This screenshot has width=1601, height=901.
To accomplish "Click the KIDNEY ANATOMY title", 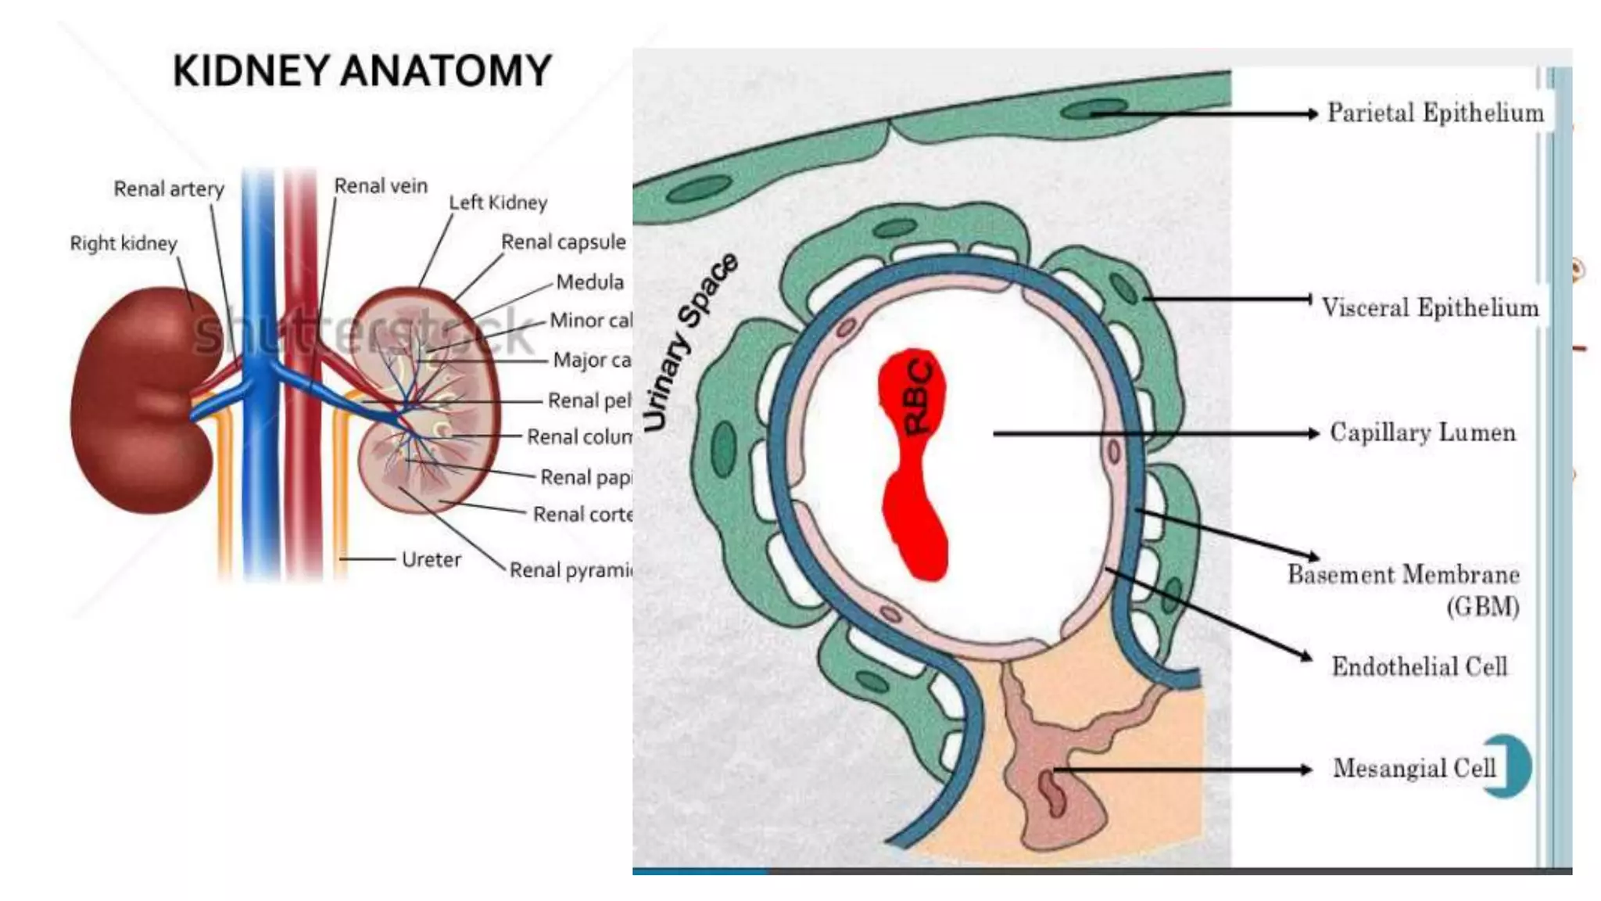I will (362, 70).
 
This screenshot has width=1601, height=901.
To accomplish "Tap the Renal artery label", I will (169, 189).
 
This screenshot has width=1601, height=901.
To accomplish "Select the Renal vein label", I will (381, 186).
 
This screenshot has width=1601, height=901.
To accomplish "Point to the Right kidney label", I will (124, 243).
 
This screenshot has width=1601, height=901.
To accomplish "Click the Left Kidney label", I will (498, 203).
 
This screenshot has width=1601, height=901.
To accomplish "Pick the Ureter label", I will (431, 560).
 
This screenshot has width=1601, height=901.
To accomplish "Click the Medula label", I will (589, 282).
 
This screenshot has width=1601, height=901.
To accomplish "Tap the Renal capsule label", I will (563, 242).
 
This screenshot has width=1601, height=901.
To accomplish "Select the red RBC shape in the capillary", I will (913, 461).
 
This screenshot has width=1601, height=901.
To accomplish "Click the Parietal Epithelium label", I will (1435, 113).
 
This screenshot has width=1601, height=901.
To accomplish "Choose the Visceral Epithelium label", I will (1430, 307).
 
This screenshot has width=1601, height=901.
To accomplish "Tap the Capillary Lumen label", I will (1423, 433).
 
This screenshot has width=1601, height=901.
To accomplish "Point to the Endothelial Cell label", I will (1419, 666).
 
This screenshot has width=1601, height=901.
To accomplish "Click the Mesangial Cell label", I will (1414, 768).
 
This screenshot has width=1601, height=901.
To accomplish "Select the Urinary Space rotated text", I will (689, 343).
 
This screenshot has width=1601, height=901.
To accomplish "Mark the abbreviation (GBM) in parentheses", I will (1482, 607).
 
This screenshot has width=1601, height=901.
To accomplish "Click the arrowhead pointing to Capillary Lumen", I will (1313, 433).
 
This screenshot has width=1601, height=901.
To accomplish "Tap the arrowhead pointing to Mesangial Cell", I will (1306, 770).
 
